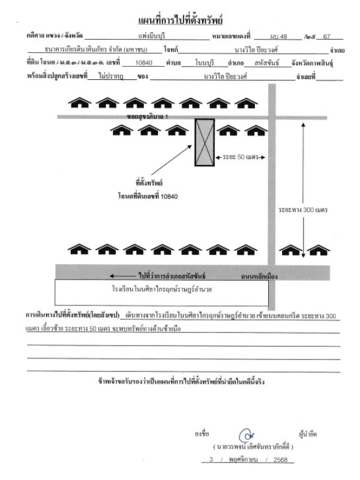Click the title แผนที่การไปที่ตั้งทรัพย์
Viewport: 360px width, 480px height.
[181, 22]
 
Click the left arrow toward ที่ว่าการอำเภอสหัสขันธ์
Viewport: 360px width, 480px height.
[121, 277]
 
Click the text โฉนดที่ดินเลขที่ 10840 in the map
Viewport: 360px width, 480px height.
[148, 196]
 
